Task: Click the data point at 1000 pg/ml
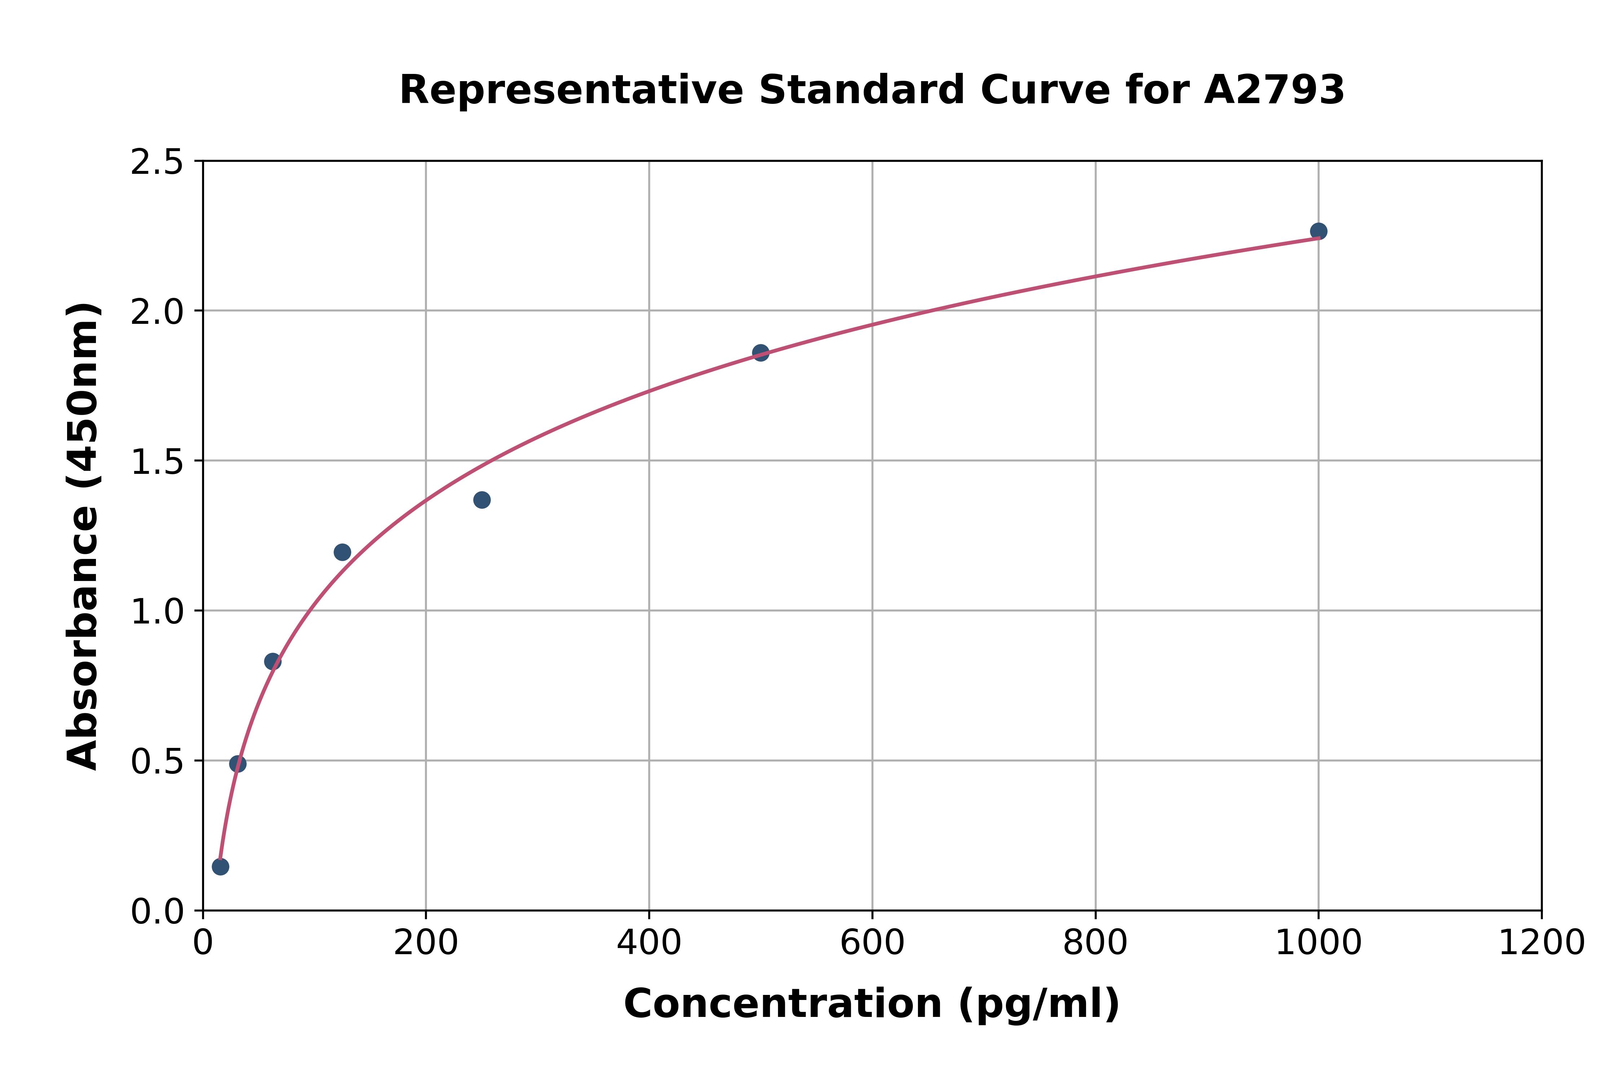point(1318,231)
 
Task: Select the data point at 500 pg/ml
point(760,352)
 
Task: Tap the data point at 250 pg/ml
point(481,500)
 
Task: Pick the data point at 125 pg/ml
point(342,552)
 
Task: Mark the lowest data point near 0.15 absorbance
point(220,867)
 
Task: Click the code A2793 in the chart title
point(1274,90)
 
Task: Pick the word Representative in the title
point(571,90)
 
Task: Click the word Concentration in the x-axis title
point(783,1004)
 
